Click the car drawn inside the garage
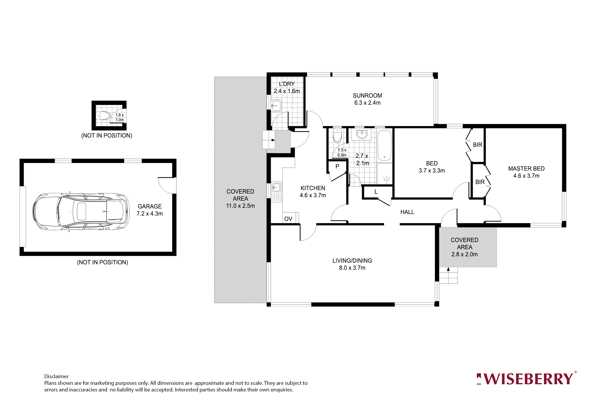click(x=81, y=212)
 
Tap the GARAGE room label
click(x=150, y=206)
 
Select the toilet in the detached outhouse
click(x=103, y=116)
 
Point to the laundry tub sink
click(x=276, y=105)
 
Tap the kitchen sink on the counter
click(x=276, y=188)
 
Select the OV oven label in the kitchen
click(x=288, y=219)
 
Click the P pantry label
click(x=337, y=166)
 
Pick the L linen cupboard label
click(x=376, y=192)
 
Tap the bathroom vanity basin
click(x=361, y=134)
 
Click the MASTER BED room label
click(x=526, y=168)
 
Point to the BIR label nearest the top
click(x=477, y=145)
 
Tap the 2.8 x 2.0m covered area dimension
click(x=464, y=254)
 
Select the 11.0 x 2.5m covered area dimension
click(x=240, y=206)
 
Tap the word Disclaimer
click(x=56, y=376)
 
